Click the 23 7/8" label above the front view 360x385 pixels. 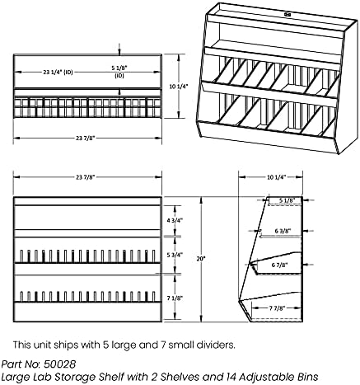tap(85, 176)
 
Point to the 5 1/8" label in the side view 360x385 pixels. tap(286, 200)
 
